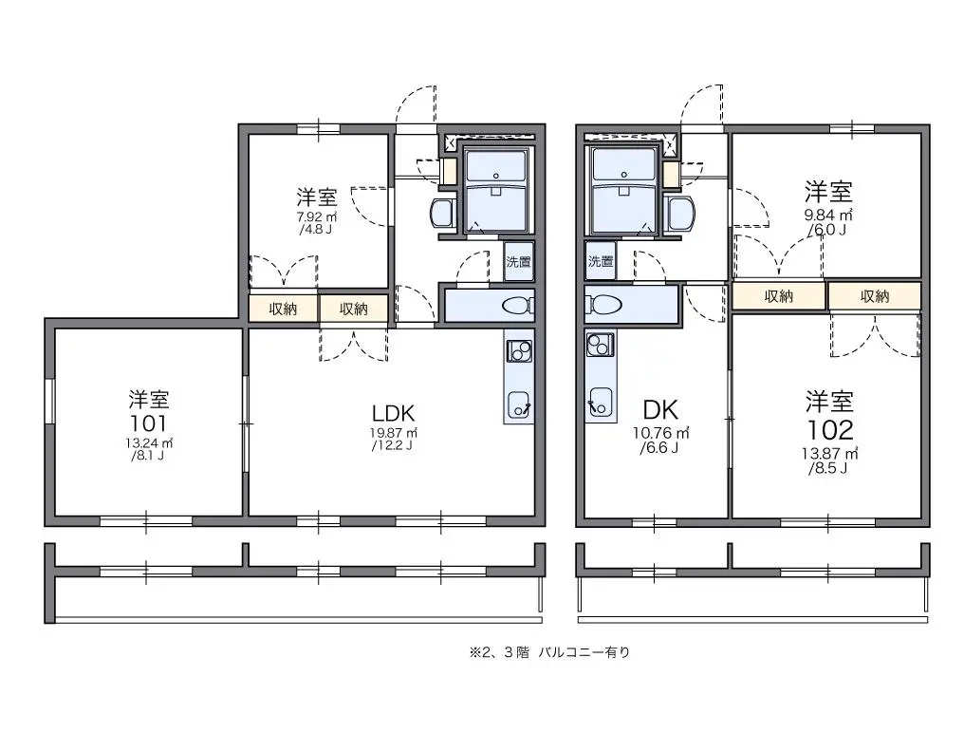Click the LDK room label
pyautogui.click(x=394, y=412)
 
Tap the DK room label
pyautogui.click(x=660, y=410)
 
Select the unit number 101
pyautogui.click(x=148, y=423)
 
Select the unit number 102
pyautogui.click(x=830, y=430)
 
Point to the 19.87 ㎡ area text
pyautogui.click(x=394, y=433)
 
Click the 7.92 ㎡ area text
pyautogui.click(x=317, y=216)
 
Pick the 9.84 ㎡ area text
pyautogui.click(x=828, y=215)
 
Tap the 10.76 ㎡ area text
pyautogui.click(x=661, y=433)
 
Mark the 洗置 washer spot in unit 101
pyautogui.click(x=518, y=261)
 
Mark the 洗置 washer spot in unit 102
pyautogui.click(x=601, y=261)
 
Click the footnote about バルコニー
pyautogui.click(x=549, y=652)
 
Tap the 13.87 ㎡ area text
pyautogui.click(x=829, y=454)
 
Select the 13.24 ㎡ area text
pyautogui.click(x=148, y=443)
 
